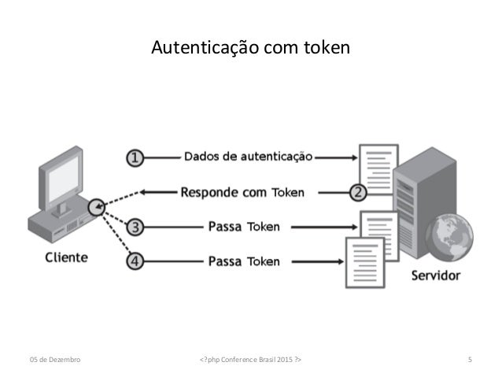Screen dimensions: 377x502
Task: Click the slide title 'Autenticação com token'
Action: click(250, 50)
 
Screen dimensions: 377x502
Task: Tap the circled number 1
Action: click(135, 157)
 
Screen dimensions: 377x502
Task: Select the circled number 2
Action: click(357, 191)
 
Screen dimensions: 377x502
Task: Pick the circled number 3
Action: click(135, 228)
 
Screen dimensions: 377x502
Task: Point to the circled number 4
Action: click(135, 261)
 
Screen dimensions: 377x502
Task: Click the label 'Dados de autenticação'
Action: click(248, 157)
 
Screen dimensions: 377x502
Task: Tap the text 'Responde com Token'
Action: click(242, 191)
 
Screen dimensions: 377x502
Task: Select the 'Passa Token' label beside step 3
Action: click(243, 228)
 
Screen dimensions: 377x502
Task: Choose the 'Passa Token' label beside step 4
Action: click(243, 261)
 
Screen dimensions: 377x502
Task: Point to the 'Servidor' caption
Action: click(435, 276)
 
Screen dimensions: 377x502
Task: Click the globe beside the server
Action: click(449, 237)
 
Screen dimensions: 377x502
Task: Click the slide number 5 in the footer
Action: click(469, 360)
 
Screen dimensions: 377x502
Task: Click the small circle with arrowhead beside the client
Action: click(96, 208)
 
